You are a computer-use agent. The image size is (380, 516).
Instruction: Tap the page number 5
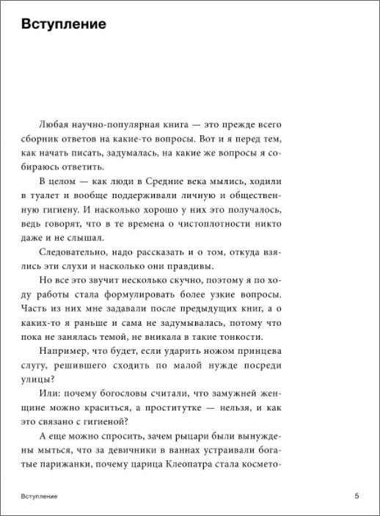[x=357, y=496]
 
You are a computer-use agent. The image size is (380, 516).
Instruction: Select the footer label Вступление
[x=40, y=497]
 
